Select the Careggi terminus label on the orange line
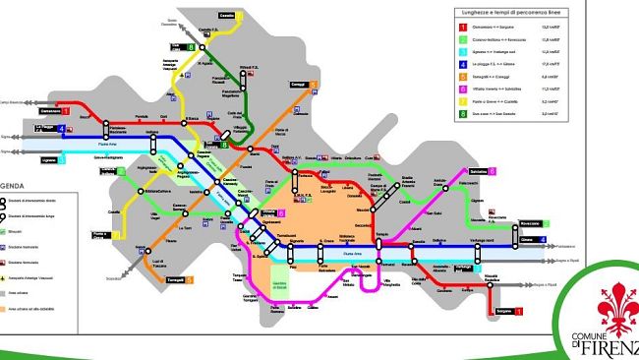[300, 84]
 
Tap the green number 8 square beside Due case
[190, 46]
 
